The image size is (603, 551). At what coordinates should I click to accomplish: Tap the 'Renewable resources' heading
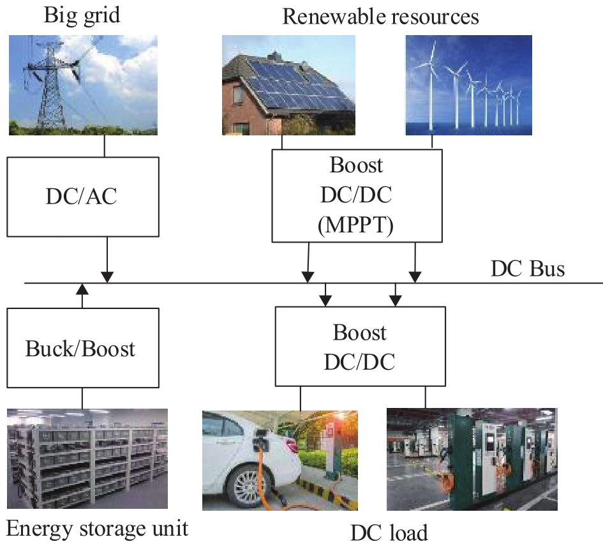(380, 16)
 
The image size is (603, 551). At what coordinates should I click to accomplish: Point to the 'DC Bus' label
(527, 269)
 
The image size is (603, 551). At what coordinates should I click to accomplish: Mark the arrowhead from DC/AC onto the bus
(107, 276)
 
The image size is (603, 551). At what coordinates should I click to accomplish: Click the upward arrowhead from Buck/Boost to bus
(81, 289)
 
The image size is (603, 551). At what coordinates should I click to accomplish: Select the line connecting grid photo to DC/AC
(104, 146)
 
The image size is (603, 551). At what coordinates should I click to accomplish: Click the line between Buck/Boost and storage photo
(82, 398)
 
